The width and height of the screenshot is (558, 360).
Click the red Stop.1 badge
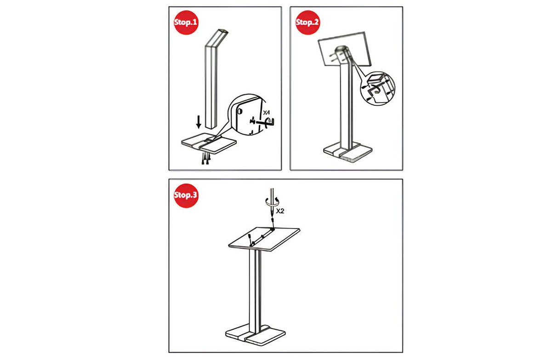(x=186, y=23)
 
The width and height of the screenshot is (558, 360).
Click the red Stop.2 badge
(x=307, y=23)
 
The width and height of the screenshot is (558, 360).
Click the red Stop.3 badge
(x=186, y=195)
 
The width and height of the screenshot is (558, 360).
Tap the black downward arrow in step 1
(x=199, y=122)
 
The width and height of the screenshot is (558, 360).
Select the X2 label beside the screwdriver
(x=280, y=211)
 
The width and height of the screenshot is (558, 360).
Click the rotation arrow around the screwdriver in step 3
(x=272, y=201)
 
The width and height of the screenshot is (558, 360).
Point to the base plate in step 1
(x=209, y=143)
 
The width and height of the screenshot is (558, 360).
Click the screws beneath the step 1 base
(x=206, y=159)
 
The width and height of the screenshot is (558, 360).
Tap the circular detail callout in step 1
(x=247, y=115)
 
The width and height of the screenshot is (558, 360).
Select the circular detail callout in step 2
(x=378, y=88)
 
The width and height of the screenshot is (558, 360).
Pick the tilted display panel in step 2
(x=345, y=49)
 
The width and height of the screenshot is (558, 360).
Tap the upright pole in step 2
(x=346, y=105)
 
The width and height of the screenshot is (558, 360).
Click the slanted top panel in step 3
(x=264, y=239)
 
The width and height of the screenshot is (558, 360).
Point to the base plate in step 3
(x=256, y=335)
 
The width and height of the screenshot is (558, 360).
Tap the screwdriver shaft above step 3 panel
(x=272, y=204)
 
